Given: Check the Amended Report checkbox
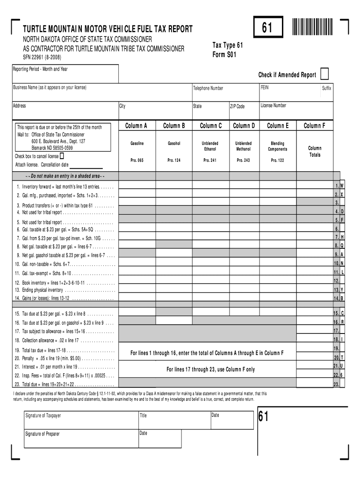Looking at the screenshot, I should pyautogui.click(x=324, y=74).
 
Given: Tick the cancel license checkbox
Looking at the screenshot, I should pyautogui.click(x=62, y=156).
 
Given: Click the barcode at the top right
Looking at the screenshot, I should pyautogui.click(x=311, y=27).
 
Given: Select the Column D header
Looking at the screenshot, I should pyautogui.click(x=244, y=126).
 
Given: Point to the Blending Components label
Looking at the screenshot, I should pyautogui.click(x=277, y=146).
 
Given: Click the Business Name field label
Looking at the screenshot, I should pyautogui.click(x=49, y=88).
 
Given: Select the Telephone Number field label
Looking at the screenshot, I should pyautogui.click(x=208, y=88).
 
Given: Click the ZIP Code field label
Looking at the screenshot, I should pyautogui.click(x=237, y=107).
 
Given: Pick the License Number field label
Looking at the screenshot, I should pyautogui.click(x=274, y=106).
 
